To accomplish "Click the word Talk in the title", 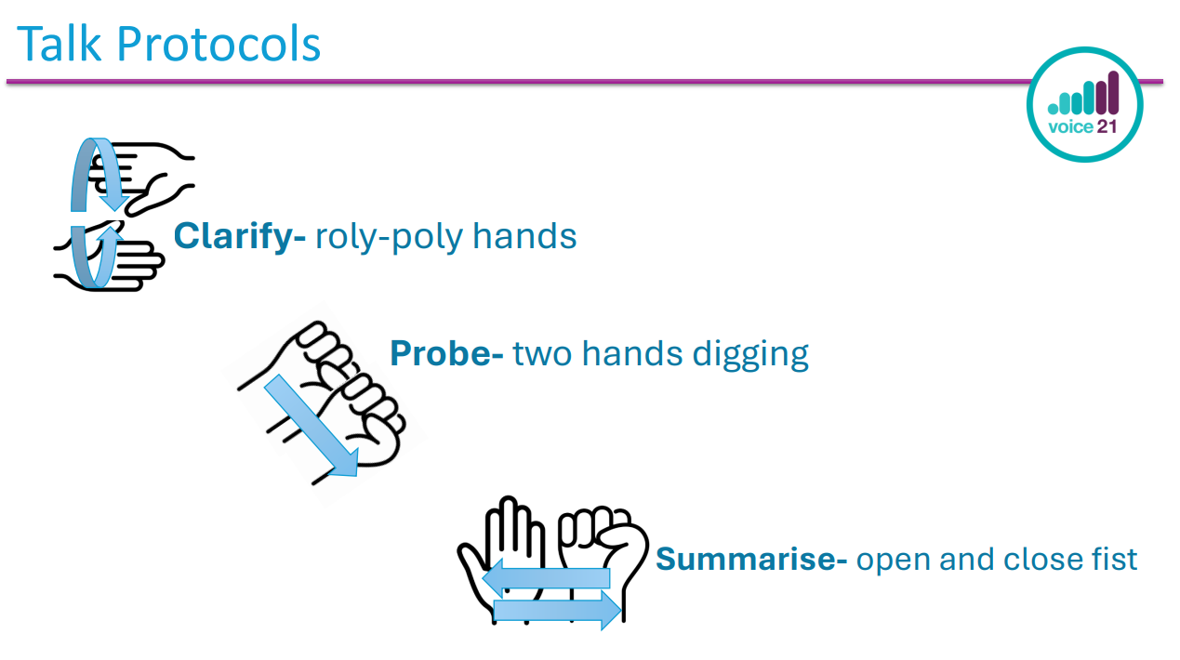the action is point(59,45).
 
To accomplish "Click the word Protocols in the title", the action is point(219,45).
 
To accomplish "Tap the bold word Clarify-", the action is point(240,236).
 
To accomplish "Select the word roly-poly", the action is point(389,236).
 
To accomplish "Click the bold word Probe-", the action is point(446,353).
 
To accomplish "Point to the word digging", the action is point(750,355).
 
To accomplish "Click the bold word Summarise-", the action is point(751,559).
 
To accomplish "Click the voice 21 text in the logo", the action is point(1082,127).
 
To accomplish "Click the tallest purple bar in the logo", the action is point(1113,92).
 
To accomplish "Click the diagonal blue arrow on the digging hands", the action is point(312,426).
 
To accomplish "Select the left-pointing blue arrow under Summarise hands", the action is point(546,578).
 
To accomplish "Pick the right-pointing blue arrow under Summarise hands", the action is point(558,610).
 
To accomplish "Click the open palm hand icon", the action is point(501,560).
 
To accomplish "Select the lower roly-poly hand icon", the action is point(109,256).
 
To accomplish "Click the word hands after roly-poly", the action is point(524,236).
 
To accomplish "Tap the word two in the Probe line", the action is point(543,354).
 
